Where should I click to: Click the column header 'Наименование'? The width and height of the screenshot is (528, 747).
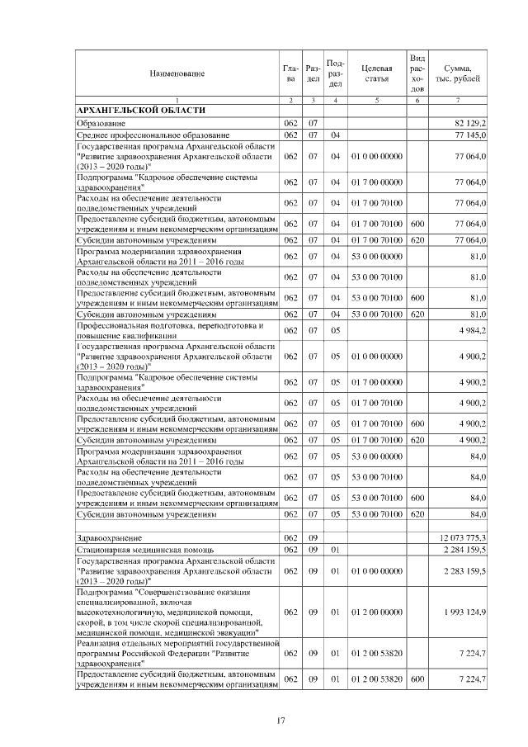tap(177, 73)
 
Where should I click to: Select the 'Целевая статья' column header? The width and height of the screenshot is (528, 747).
tap(376, 73)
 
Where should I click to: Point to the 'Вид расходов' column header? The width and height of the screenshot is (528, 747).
tap(417, 73)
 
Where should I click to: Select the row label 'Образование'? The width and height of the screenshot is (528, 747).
tap(101, 123)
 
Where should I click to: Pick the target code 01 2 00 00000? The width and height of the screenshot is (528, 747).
tap(376, 612)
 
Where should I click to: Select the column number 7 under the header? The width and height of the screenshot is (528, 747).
tap(458, 100)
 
